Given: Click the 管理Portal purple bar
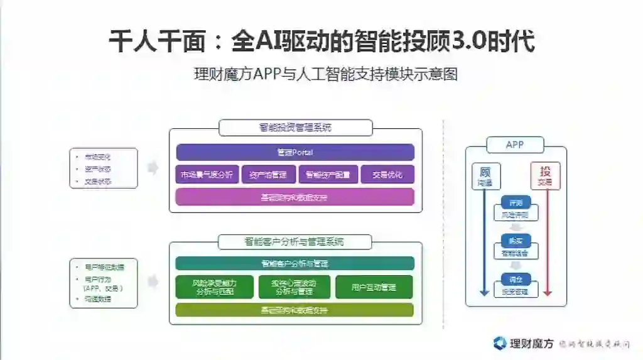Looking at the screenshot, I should [x=295, y=153].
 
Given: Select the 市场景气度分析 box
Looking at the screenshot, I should [x=206, y=175].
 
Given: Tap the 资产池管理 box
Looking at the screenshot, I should [x=268, y=175].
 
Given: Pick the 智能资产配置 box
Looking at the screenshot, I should [x=328, y=175].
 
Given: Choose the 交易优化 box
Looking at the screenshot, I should [x=387, y=175].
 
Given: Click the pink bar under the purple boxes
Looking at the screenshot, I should [x=295, y=197].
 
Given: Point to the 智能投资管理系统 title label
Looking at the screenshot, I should [x=295, y=128].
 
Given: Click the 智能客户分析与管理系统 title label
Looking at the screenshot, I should [x=294, y=242].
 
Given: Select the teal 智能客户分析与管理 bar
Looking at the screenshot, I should [x=294, y=263].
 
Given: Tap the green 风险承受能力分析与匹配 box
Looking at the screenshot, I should [x=215, y=286].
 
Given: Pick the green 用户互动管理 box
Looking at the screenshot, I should [x=374, y=287].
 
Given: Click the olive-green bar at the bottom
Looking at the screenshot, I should [x=294, y=310].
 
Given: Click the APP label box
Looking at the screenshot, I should [x=515, y=145].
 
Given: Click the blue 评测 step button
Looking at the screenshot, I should [x=516, y=204].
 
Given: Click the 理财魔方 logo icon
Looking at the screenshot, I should [x=500, y=343].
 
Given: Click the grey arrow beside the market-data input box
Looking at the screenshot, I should [x=153, y=168].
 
